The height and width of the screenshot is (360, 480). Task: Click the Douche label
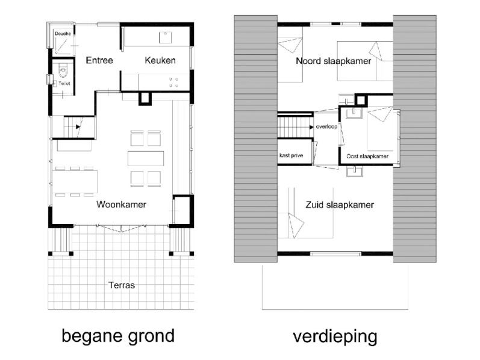[x=63, y=34]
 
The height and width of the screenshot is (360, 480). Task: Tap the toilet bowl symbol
[x=63, y=70]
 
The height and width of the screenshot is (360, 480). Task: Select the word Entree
[x=99, y=60]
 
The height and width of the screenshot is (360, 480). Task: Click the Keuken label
[x=160, y=60]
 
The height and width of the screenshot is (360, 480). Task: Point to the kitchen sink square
[x=165, y=38]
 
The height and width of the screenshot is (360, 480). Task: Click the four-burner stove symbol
[x=173, y=82]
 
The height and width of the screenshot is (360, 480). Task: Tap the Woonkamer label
[x=121, y=205]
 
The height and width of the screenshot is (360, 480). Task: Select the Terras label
[x=122, y=285]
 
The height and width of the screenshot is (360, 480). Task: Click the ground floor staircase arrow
[x=78, y=127]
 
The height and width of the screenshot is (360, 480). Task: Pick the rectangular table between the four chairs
[x=146, y=158]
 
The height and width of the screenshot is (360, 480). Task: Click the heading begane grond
[x=118, y=336]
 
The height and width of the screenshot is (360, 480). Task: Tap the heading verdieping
[x=335, y=337]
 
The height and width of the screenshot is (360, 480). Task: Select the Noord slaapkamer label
[x=334, y=61]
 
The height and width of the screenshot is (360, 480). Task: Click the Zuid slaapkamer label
[x=340, y=205]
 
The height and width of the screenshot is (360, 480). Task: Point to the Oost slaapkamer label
[x=367, y=157]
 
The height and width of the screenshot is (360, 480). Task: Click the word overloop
[x=326, y=126]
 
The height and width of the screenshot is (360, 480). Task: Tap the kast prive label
[x=291, y=155]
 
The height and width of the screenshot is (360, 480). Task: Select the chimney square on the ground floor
[x=145, y=99]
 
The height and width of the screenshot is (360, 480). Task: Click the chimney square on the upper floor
[x=361, y=101]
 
